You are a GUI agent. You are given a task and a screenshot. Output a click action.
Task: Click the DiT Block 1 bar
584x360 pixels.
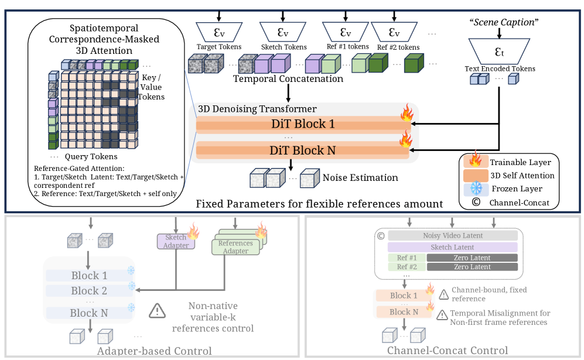302,124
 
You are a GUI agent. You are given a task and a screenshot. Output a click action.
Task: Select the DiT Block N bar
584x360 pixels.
302,150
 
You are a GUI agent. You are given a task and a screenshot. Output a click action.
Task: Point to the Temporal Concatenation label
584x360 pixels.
288,78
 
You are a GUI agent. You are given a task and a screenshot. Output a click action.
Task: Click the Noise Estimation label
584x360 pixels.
360,177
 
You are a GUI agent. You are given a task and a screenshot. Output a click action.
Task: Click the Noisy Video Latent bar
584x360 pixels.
453,235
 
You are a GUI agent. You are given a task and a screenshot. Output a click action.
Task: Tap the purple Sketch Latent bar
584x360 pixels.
453,248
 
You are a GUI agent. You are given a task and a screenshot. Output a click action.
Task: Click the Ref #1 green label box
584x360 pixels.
406,258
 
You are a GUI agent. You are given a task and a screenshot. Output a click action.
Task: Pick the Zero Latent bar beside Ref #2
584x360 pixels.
472,267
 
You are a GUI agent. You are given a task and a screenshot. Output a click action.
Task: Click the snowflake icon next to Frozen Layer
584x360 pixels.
476,188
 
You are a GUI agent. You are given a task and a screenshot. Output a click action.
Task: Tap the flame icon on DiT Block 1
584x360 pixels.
406,113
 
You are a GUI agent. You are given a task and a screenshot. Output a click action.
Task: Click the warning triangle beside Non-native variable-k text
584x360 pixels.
158,311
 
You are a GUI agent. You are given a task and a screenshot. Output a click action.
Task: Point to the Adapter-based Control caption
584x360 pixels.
155,351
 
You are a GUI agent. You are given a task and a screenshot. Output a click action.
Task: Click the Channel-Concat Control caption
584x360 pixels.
448,351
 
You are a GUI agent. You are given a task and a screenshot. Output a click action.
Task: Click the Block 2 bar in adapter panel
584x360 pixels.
89,291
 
